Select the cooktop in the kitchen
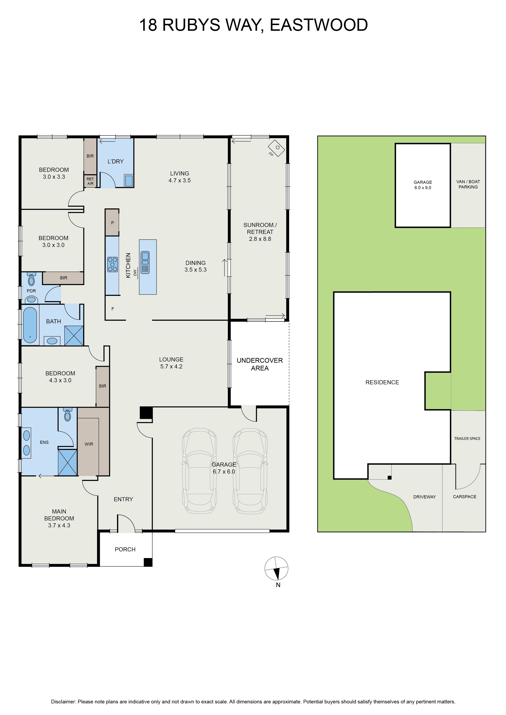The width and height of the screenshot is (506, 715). pyautogui.click(x=113, y=264)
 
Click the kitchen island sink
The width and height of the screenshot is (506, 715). pyautogui.click(x=145, y=262)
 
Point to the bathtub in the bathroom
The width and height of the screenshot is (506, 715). pyautogui.click(x=30, y=325)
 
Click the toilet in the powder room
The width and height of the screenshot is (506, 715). pyautogui.click(x=31, y=279)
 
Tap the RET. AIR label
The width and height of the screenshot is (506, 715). pyautogui.click(x=90, y=181)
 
